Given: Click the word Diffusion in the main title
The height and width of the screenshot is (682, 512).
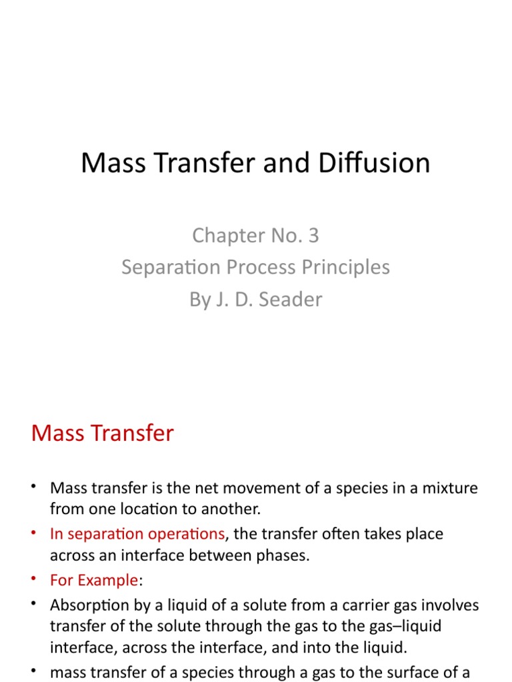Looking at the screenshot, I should pos(374,163).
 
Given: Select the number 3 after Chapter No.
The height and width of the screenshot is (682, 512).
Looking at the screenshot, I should pos(313,235).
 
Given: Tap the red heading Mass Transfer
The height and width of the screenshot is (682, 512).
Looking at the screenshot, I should pos(102,433).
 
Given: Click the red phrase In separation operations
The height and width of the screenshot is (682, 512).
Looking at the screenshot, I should pos(137,534).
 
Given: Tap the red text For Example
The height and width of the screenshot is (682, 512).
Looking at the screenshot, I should pos(93,580).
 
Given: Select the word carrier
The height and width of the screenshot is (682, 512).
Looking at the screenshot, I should pos(361,605).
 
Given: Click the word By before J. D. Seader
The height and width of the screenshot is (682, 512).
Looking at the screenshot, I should pos(199,299).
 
